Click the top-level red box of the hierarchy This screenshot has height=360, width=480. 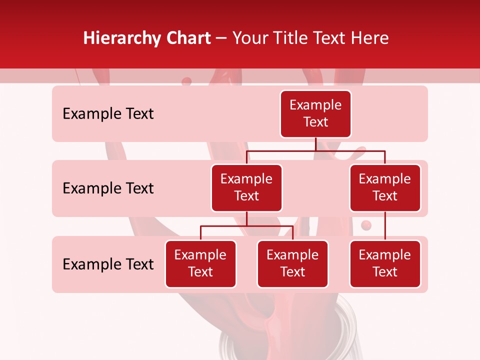tap(315, 113)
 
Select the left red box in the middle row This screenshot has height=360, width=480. tap(246, 187)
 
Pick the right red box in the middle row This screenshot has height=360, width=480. tap(385, 187)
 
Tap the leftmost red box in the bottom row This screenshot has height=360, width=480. tap(200, 263)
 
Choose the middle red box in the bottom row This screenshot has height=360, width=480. tap(292, 263)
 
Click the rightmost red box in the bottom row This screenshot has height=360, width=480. tap(385, 263)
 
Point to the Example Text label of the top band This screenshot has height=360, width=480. tap(108, 114)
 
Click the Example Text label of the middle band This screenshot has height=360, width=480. tap(108, 188)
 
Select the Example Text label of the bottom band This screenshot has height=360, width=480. tap(108, 264)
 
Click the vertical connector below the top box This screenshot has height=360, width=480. tap(315, 144)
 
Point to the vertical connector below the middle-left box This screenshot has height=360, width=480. tap(246, 218)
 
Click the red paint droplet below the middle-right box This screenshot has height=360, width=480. tap(366, 225)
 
